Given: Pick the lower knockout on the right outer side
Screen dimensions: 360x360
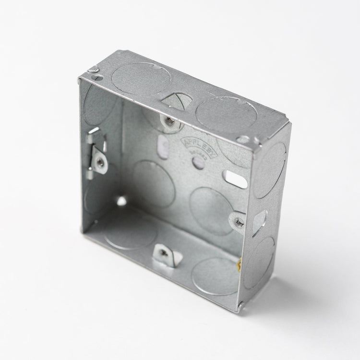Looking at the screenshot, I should (x=260, y=262).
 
